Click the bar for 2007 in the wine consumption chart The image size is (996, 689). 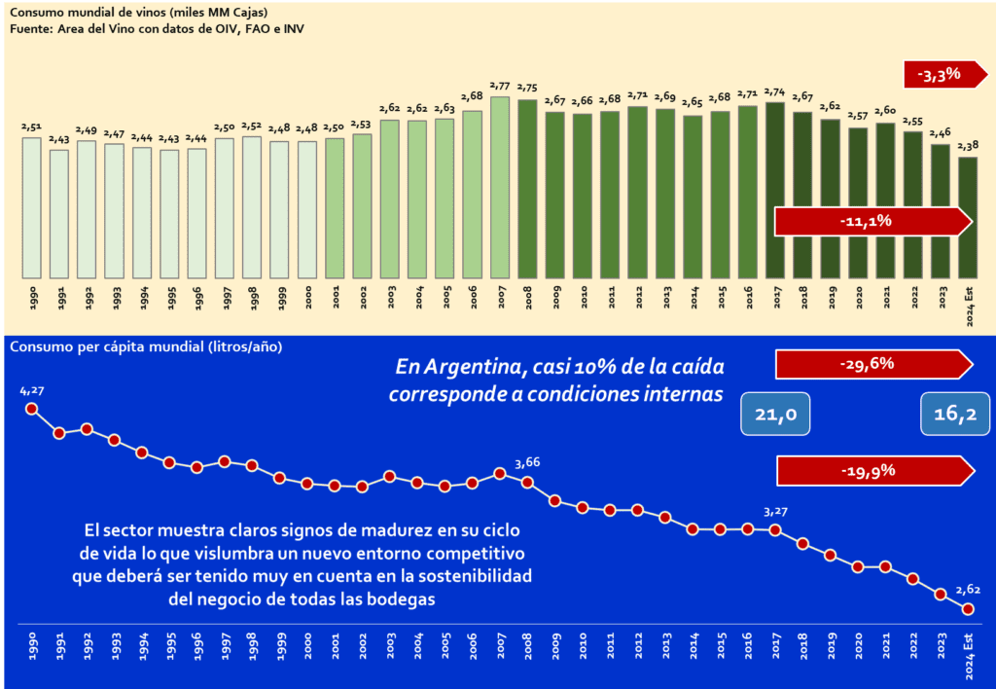point(501,186)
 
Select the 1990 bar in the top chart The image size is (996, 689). point(31,207)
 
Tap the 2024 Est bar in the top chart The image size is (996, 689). point(968,217)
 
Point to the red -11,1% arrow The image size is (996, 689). point(871,221)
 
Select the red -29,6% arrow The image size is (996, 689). point(871,364)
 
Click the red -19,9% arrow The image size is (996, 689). point(871,471)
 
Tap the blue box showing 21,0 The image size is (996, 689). point(776,415)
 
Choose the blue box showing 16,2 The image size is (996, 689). point(955,415)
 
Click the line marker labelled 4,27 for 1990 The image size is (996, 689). point(31,409)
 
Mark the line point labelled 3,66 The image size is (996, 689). point(527,483)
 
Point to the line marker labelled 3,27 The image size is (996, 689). point(775,529)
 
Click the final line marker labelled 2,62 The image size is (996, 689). point(968,609)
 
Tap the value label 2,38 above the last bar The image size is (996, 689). point(968,145)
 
